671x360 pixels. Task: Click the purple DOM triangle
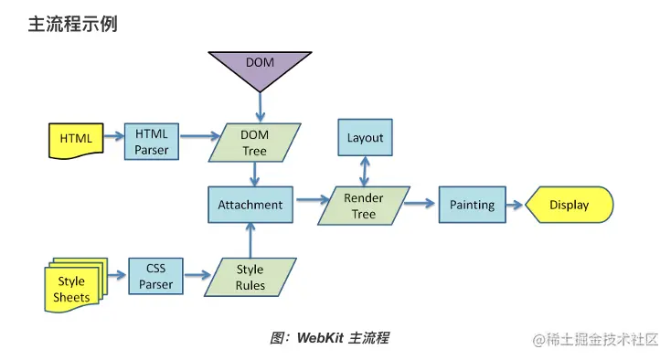click(260, 67)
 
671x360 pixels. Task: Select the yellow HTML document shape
click(75, 139)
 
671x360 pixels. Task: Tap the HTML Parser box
click(151, 141)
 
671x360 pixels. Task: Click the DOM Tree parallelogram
click(254, 143)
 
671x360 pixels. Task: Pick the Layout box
click(365, 138)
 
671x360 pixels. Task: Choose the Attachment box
click(250, 205)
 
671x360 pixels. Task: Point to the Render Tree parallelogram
click(364, 206)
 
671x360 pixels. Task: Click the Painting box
click(472, 205)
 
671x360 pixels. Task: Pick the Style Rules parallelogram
click(250, 277)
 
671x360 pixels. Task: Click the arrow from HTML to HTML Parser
click(112, 138)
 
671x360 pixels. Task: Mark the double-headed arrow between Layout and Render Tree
click(365, 170)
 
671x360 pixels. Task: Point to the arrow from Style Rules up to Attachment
click(250, 239)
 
